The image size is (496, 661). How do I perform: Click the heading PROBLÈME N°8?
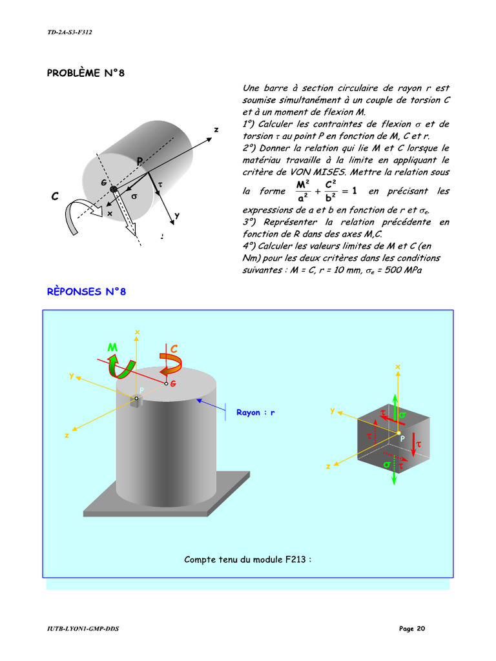pyautogui.click(x=85, y=73)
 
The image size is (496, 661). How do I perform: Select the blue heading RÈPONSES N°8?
pyautogui.click(x=87, y=292)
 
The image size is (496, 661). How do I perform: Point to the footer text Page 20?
pyautogui.click(x=412, y=629)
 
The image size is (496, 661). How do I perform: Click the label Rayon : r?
pyautogui.click(x=255, y=412)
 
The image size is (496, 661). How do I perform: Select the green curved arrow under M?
pyautogui.click(x=121, y=366)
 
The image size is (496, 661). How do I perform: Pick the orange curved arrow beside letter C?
pyautogui.click(x=171, y=363)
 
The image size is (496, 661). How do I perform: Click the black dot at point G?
pyautogui.click(x=114, y=188)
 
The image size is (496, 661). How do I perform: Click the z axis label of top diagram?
pyautogui.click(x=216, y=130)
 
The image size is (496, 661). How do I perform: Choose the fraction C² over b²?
pyautogui.click(x=329, y=192)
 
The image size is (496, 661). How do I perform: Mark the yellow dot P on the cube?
pyautogui.click(x=398, y=433)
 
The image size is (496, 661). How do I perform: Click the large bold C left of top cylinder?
pyautogui.click(x=55, y=196)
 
